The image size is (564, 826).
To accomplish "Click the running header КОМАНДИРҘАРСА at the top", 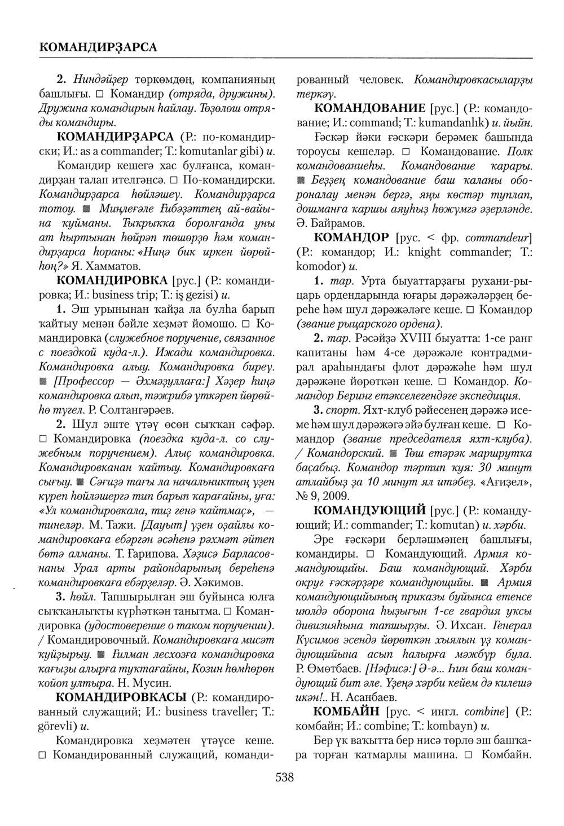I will [99, 46].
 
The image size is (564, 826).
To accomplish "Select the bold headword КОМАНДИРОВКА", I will [112, 280].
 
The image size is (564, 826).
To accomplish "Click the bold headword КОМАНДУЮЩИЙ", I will [369, 511].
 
